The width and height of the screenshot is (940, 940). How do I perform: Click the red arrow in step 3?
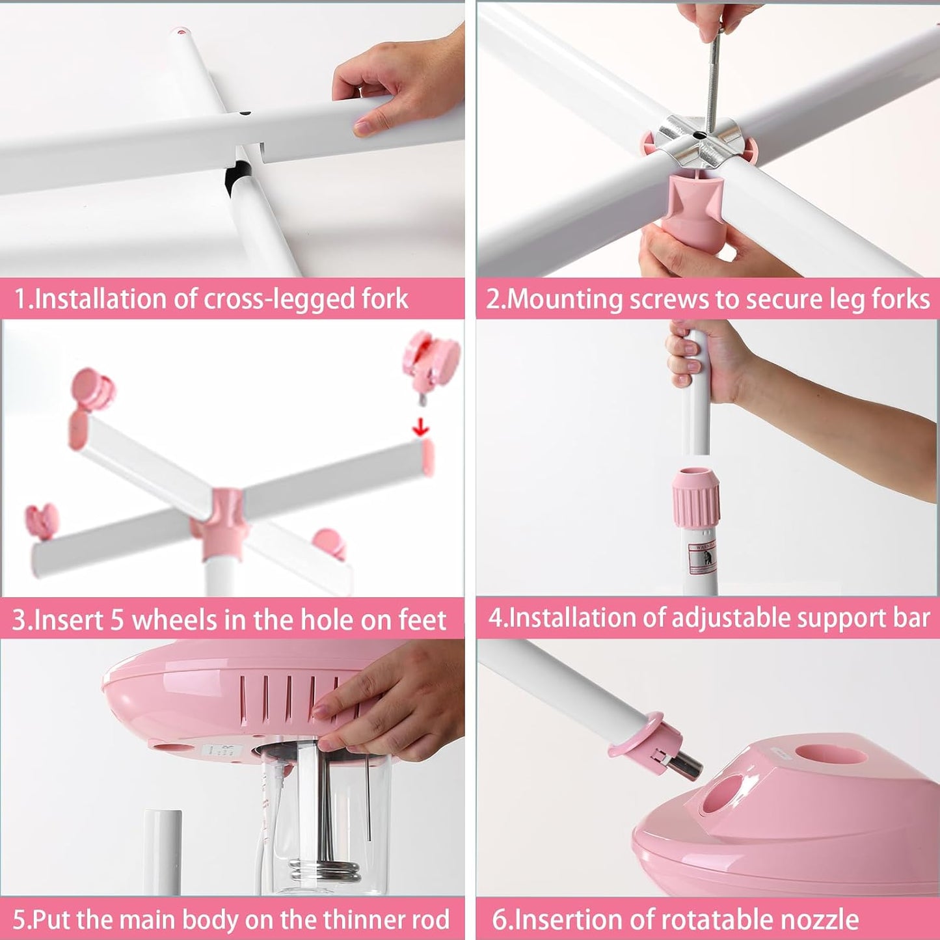tap(422, 428)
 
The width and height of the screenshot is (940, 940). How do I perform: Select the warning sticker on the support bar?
tap(702, 559)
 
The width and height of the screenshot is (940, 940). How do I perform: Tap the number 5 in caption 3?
tap(117, 620)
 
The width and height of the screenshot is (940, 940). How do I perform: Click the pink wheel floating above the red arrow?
tap(431, 362)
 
